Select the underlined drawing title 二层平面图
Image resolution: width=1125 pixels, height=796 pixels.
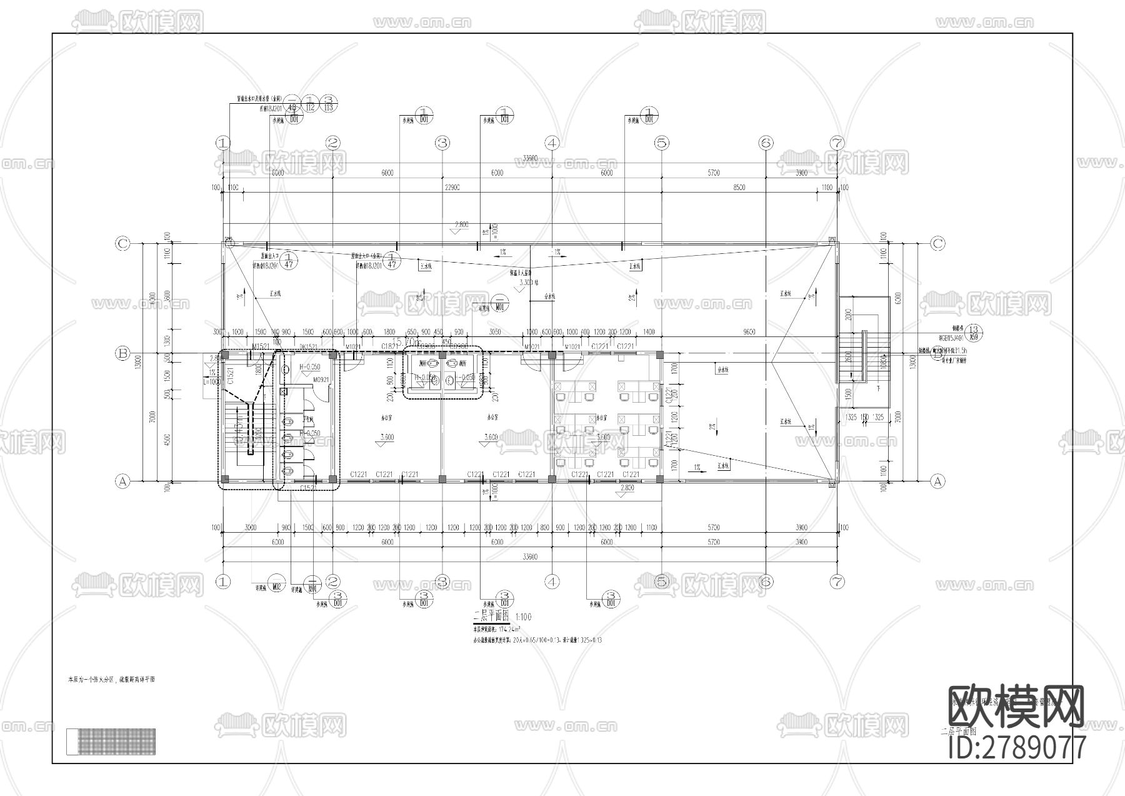tap(492, 616)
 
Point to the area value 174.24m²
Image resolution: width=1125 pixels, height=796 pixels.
tap(506, 630)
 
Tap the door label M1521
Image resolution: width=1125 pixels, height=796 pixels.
tap(261, 346)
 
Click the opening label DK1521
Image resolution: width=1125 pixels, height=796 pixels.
tap(309, 346)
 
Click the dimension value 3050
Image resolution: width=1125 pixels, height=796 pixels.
tap(495, 332)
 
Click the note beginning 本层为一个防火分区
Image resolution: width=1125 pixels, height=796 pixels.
tap(111, 678)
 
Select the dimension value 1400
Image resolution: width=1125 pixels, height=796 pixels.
tap(648, 332)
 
